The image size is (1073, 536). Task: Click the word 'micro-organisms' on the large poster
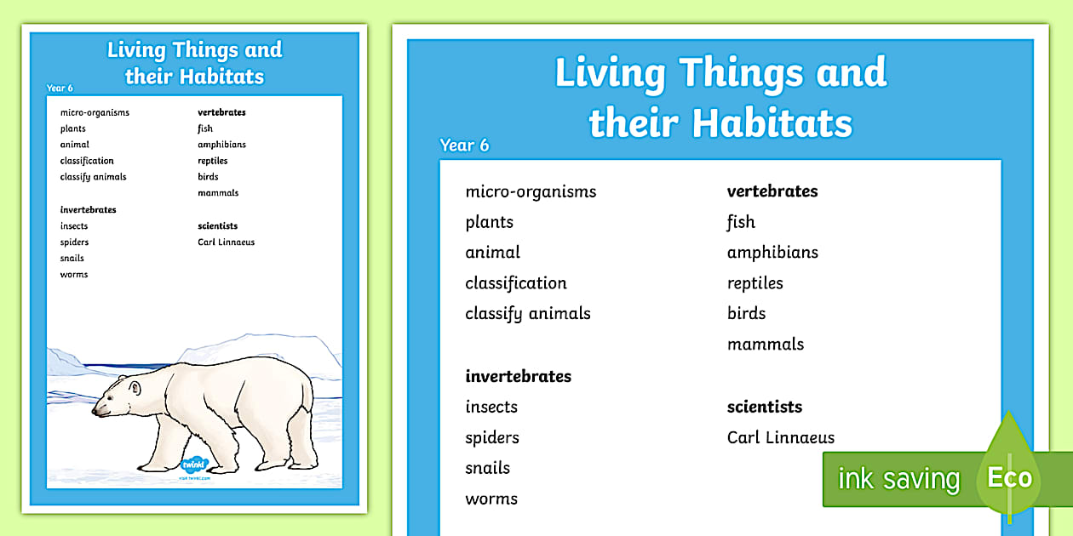tap(531, 191)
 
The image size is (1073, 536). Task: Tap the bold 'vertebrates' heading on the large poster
tap(772, 191)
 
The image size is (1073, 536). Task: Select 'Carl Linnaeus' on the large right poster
tap(780, 437)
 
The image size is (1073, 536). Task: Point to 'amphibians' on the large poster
tap(772, 253)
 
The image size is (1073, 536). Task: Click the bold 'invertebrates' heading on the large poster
tap(518, 376)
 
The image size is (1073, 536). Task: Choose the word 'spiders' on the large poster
tap(491, 437)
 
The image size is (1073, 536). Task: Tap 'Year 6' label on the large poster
tap(464, 145)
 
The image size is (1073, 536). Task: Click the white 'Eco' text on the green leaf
tap(1009, 477)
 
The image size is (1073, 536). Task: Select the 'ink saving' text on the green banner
tap(898, 479)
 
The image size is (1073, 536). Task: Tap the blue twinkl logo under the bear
tap(195, 465)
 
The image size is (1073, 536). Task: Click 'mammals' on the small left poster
tap(218, 193)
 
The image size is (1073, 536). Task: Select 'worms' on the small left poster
tap(74, 275)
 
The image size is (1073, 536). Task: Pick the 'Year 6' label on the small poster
tap(60, 88)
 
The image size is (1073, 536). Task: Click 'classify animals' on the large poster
tap(527, 314)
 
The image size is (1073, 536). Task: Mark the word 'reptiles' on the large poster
tap(755, 283)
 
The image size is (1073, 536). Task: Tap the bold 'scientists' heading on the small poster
tap(217, 226)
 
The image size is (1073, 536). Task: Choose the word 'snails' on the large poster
tap(487, 468)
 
